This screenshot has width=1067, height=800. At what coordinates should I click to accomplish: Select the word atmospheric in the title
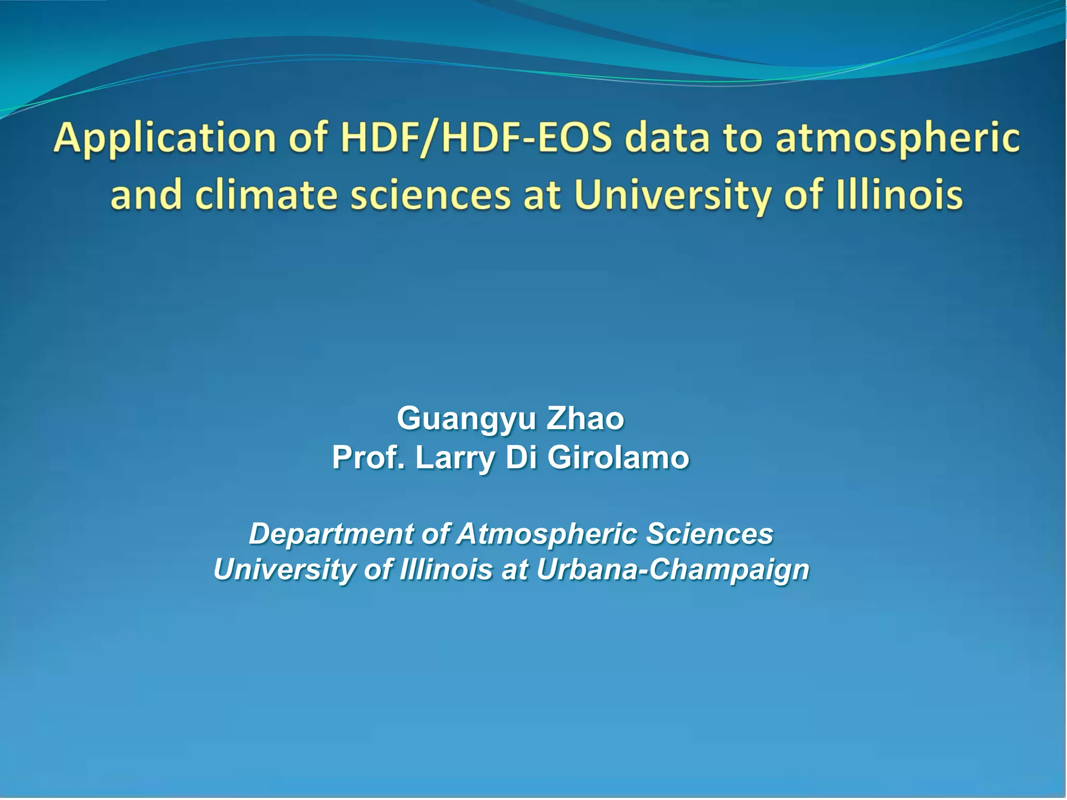point(897,139)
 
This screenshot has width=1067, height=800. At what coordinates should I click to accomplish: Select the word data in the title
point(667,139)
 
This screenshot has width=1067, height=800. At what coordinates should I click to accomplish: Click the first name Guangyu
point(466,419)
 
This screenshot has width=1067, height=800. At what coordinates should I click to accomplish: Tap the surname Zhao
point(585,419)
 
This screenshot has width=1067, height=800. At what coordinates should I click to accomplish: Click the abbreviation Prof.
point(368,458)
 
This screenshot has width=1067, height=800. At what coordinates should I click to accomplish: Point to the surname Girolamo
point(618,458)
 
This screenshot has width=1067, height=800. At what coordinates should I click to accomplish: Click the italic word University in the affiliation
point(284,569)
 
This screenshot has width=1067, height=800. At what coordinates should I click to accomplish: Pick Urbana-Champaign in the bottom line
point(673,569)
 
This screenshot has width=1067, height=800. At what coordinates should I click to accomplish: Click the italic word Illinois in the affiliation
point(446,569)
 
